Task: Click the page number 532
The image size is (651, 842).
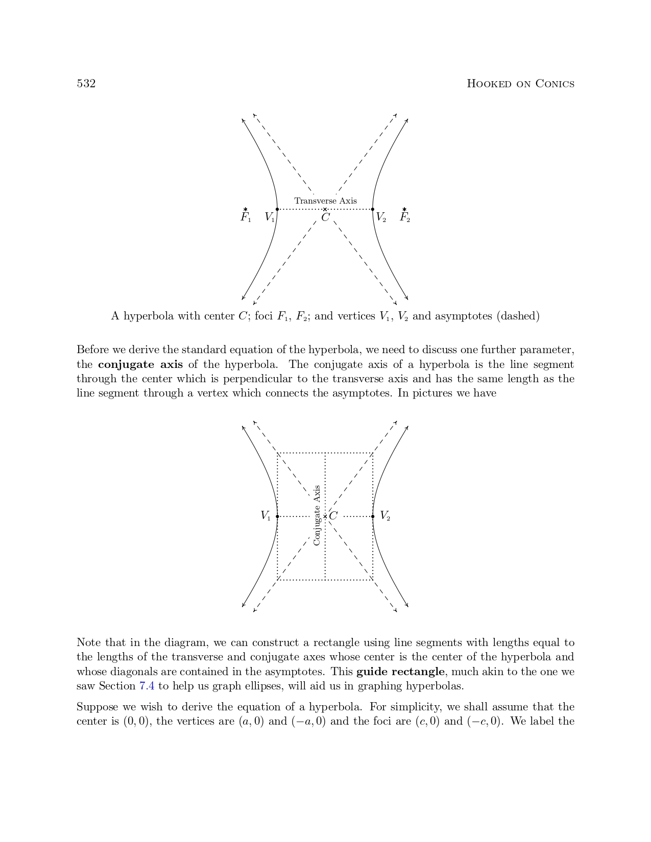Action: [86, 84]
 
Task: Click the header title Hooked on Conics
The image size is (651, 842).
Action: [520, 84]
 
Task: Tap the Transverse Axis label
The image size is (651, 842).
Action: [325, 201]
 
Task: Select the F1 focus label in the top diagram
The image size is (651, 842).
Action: [246, 217]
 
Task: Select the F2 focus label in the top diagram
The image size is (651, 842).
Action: [404, 217]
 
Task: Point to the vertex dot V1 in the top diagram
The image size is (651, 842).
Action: [277, 209]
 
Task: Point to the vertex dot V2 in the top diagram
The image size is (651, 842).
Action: [373, 209]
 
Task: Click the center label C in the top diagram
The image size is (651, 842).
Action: [325, 218]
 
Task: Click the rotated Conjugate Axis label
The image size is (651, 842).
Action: [317, 515]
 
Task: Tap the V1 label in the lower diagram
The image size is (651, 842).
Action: [266, 516]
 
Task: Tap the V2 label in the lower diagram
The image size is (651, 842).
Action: [385, 516]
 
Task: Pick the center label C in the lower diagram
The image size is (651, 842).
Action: [333, 516]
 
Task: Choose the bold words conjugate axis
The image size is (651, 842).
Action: [140, 364]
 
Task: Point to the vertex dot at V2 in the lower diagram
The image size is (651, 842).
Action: [373, 516]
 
